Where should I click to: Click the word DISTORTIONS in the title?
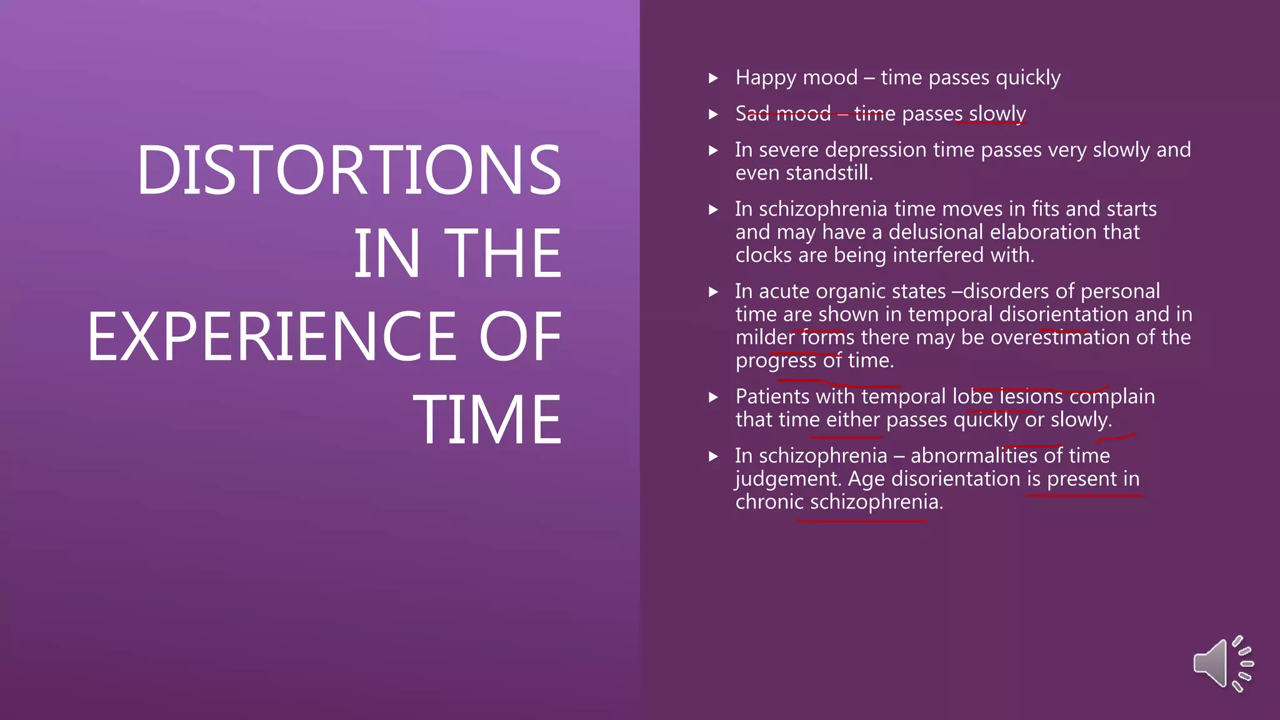[349, 170]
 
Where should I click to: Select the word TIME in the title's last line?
[487, 420]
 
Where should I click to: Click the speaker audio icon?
[1222, 664]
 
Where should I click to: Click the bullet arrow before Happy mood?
[713, 79]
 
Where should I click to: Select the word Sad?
[752, 114]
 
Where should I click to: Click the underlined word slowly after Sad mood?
[997, 114]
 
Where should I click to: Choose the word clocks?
[764, 255]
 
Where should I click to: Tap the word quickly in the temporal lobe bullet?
[986, 419]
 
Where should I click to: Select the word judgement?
[788, 479]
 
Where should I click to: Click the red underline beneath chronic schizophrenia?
[861, 520]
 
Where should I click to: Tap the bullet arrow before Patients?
[713, 397]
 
